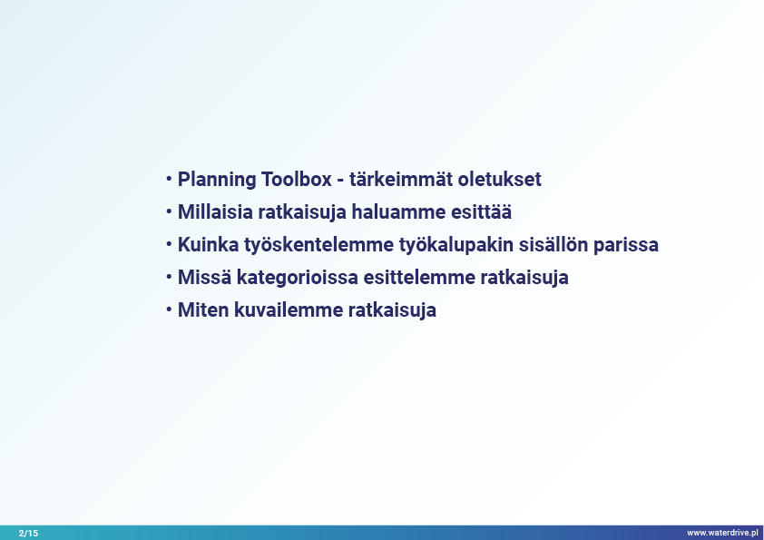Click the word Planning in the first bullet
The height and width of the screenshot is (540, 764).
click(217, 181)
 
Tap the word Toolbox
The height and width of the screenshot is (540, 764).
click(296, 180)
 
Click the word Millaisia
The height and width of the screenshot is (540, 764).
click(215, 212)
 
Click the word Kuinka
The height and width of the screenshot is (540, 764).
click(208, 245)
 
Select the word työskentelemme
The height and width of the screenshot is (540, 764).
click(318, 246)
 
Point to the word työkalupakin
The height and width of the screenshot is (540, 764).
click(456, 246)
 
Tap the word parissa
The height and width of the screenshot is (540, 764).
click(625, 246)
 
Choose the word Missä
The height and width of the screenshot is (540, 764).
click(205, 278)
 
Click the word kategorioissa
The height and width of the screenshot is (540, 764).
click(298, 279)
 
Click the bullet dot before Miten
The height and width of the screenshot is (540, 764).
click(169, 309)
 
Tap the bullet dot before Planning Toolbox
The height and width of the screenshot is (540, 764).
click(169, 179)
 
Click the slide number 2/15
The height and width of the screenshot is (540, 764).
click(28, 533)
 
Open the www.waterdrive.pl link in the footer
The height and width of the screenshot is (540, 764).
click(722, 533)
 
